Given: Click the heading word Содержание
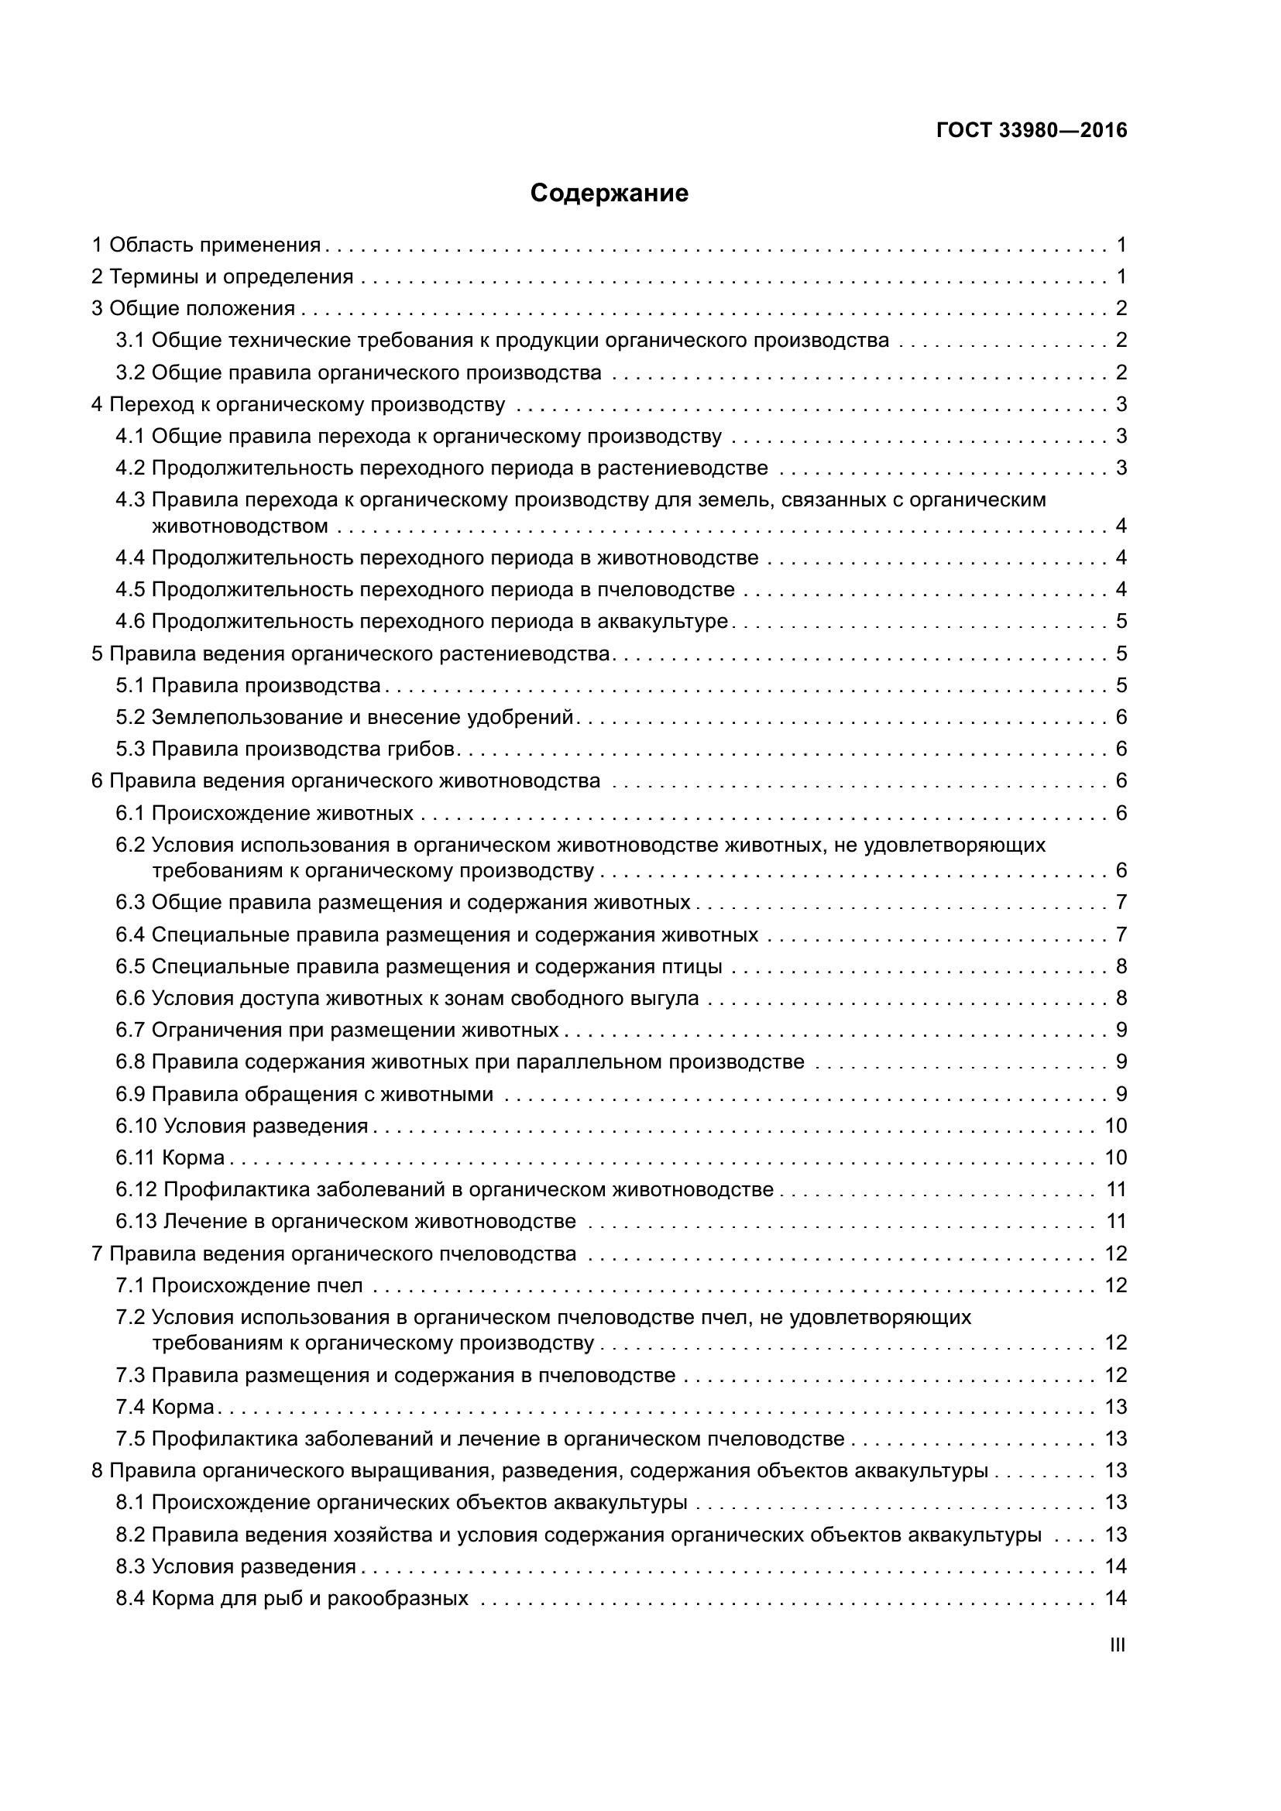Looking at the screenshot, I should (x=609, y=194).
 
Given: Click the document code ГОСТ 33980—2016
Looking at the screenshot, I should (x=1032, y=131).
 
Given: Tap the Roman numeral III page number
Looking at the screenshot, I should (x=1117, y=1645).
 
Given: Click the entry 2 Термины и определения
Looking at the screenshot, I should (x=222, y=277).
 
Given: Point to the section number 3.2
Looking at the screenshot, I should (x=130, y=372).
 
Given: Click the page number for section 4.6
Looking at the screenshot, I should (x=1121, y=622).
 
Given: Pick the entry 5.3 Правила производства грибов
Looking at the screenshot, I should (x=285, y=749).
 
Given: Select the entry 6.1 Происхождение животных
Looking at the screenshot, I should (x=264, y=813).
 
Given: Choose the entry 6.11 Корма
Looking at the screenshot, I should (x=170, y=1158).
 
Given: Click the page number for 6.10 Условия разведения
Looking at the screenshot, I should (x=1115, y=1126).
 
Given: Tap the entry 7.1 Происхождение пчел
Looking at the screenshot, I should (x=239, y=1286).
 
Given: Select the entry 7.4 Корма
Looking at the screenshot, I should (x=165, y=1407).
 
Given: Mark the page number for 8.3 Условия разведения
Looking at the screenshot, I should (x=1115, y=1566).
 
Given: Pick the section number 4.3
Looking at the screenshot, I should (x=130, y=500).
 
